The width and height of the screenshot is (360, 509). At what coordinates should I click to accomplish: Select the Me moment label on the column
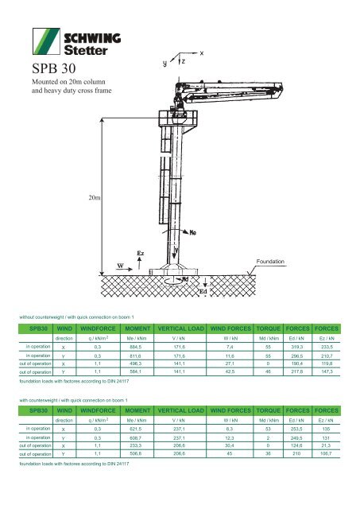click(x=192, y=233)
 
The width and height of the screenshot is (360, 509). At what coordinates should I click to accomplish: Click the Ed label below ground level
click(x=203, y=291)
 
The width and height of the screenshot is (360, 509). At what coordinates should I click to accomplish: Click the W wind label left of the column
click(x=121, y=266)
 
